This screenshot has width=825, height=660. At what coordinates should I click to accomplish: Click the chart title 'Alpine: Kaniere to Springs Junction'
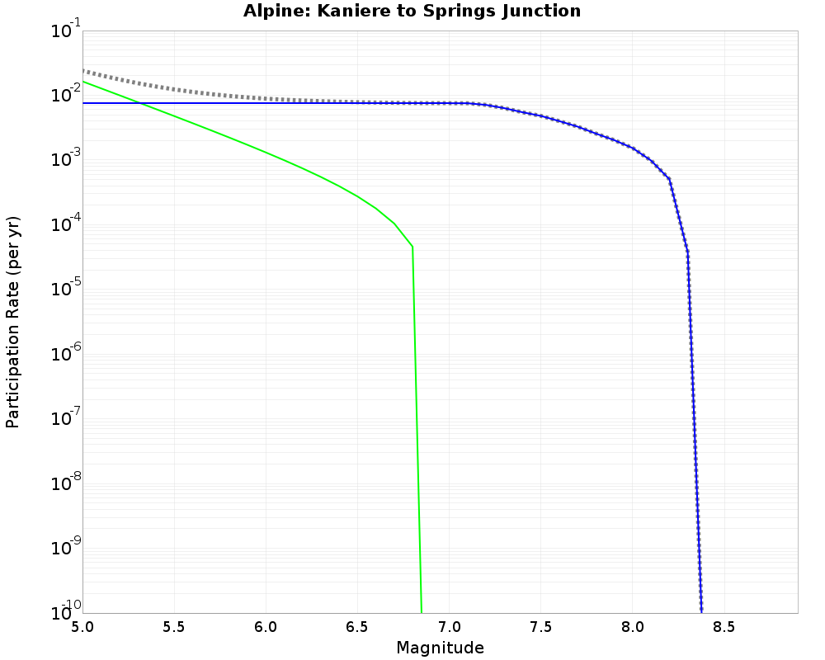click(412, 12)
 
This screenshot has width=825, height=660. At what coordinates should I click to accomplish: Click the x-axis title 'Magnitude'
click(440, 648)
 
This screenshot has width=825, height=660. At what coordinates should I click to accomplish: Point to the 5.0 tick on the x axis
click(82, 626)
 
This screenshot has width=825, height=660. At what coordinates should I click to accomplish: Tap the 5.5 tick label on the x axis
click(174, 626)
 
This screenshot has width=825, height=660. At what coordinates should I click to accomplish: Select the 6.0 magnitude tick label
click(266, 626)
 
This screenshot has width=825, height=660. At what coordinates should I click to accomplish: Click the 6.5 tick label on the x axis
click(357, 626)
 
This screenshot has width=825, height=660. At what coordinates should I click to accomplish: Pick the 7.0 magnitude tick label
click(449, 626)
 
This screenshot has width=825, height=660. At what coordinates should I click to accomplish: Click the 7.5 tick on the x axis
click(540, 626)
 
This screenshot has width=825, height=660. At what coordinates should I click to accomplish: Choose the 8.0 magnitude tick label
click(632, 626)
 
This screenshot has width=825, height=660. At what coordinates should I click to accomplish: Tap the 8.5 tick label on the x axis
click(724, 626)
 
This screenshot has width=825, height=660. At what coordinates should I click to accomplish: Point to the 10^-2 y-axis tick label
click(62, 96)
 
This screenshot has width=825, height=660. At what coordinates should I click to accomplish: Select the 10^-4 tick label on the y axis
click(62, 225)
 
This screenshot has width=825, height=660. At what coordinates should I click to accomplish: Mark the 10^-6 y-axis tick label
click(62, 355)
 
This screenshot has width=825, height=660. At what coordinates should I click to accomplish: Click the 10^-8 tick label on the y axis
click(62, 483)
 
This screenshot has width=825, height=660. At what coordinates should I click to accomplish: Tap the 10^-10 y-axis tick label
click(62, 611)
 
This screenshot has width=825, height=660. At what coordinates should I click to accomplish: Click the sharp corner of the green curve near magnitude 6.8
click(412, 247)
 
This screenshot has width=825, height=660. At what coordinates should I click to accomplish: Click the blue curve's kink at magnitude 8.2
click(669, 179)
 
